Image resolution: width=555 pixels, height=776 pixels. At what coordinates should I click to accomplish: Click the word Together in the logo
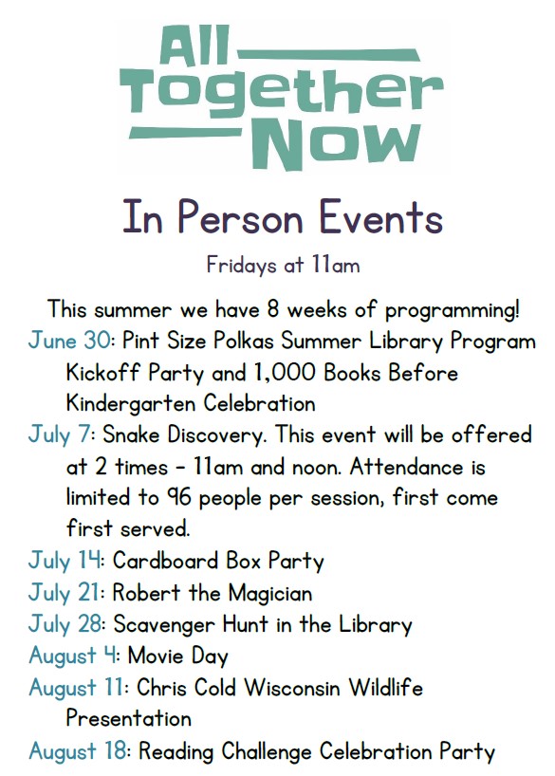[x=281, y=95]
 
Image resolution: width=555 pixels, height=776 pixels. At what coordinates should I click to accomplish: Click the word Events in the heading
[x=379, y=218]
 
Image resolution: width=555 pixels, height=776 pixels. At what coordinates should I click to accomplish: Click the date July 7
[x=61, y=435]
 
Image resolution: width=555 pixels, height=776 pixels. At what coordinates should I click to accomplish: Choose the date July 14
[x=65, y=562]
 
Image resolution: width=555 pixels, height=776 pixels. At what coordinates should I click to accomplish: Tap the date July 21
[x=65, y=593]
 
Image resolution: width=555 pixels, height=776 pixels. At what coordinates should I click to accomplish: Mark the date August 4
[x=74, y=656]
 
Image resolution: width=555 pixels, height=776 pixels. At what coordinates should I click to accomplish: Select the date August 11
[x=78, y=689]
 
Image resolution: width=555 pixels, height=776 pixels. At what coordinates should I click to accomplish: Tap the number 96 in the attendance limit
[x=177, y=498]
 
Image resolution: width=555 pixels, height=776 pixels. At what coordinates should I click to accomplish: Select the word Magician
[x=270, y=593]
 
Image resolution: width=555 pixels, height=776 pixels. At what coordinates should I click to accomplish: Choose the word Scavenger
[x=164, y=625]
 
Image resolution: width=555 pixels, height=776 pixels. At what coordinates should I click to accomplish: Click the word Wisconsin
[x=292, y=688]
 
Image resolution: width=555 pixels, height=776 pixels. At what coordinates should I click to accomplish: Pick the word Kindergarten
[x=131, y=403]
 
